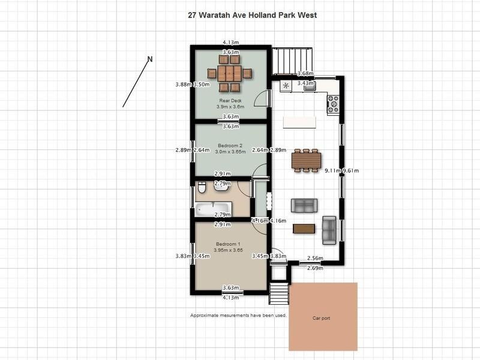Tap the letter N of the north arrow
pyautogui.click(x=150, y=59)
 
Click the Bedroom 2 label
pyautogui.click(x=230, y=145)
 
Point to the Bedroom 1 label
pyautogui.click(x=228, y=245)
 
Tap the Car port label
pyautogui.click(x=322, y=318)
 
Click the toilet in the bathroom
pyautogui.click(x=202, y=188)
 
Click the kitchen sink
pyautogui.click(x=310, y=86)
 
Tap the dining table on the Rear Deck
pyautogui.click(x=229, y=74)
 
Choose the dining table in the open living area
pyautogui.click(x=306, y=161)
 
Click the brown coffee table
pyautogui.click(x=304, y=229)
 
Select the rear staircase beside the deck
pyautogui.click(x=293, y=61)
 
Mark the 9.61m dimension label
pyautogui.click(x=350, y=171)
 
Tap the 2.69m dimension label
pyautogui.click(x=315, y=268)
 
